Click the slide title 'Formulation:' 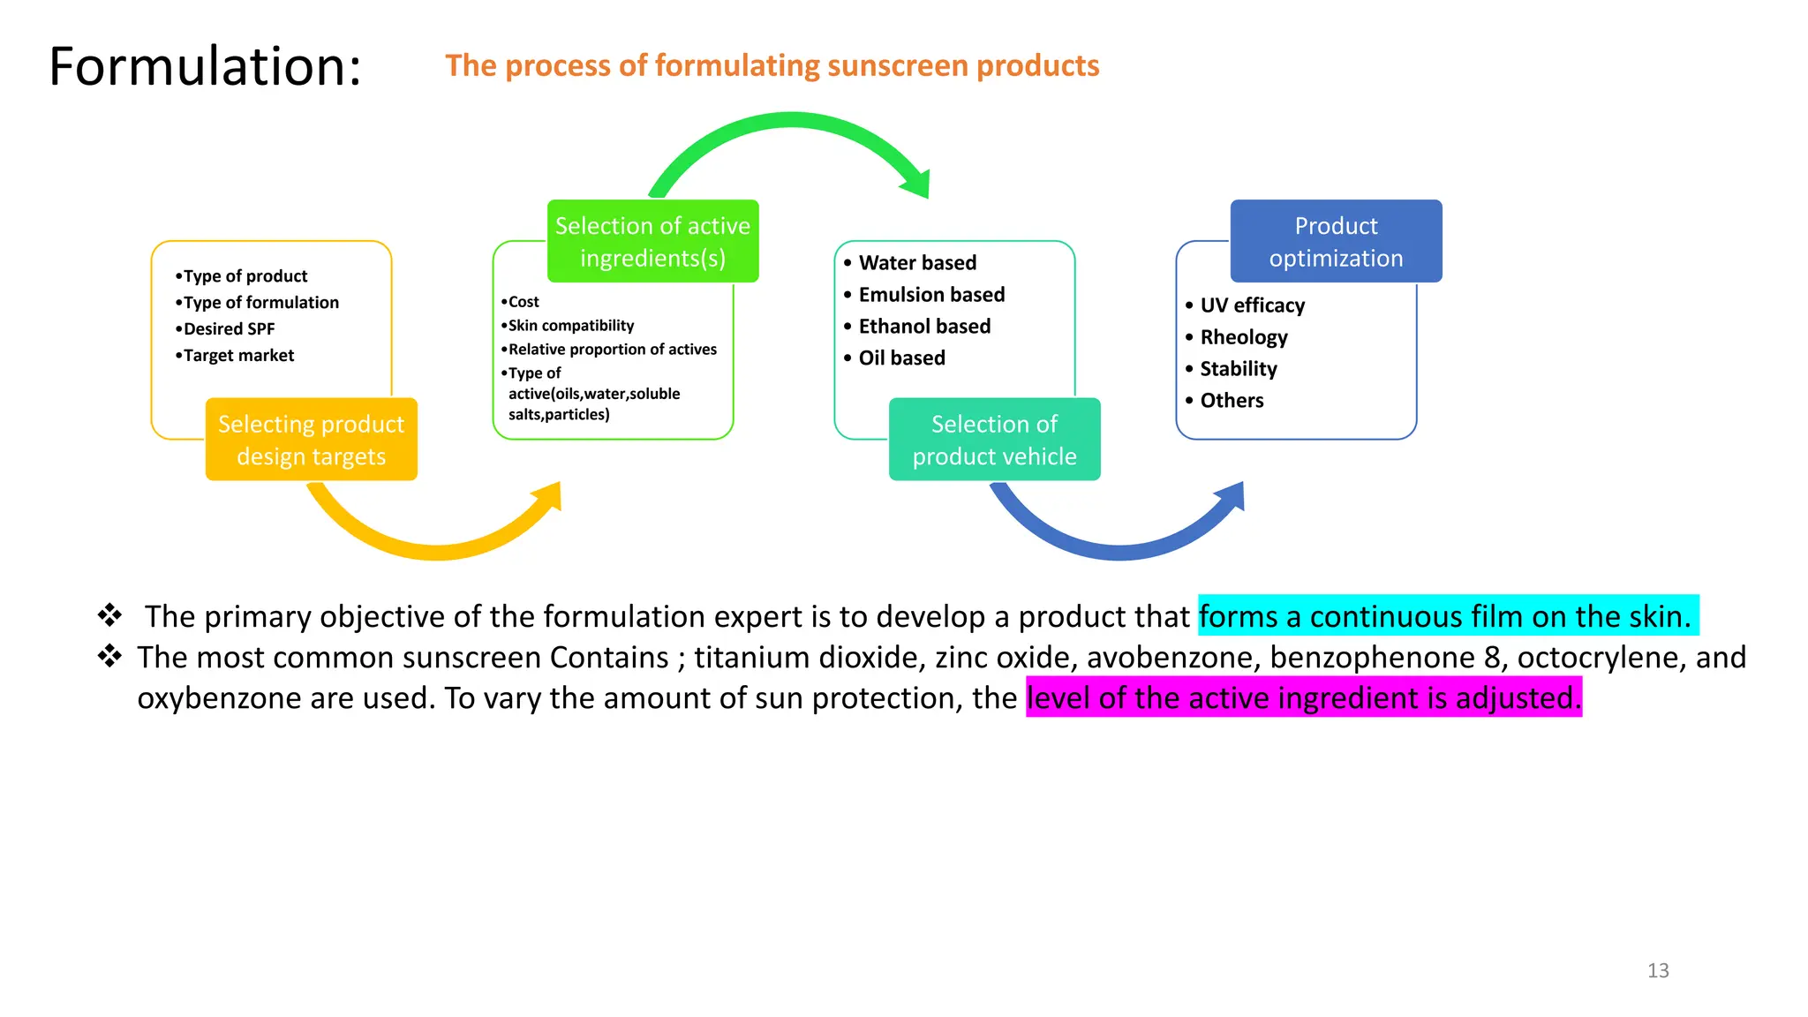205,66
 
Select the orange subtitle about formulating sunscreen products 772,66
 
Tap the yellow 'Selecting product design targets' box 311,440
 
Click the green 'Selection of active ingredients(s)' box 652,241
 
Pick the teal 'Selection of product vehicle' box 994,440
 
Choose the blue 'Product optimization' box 1336,241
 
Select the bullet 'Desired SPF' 229,329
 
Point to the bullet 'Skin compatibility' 570,326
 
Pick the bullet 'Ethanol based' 924,327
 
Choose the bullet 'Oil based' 901,358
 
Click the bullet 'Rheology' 1243,337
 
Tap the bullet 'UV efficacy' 1252,305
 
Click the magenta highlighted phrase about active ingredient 1303,698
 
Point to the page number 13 1658,971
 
